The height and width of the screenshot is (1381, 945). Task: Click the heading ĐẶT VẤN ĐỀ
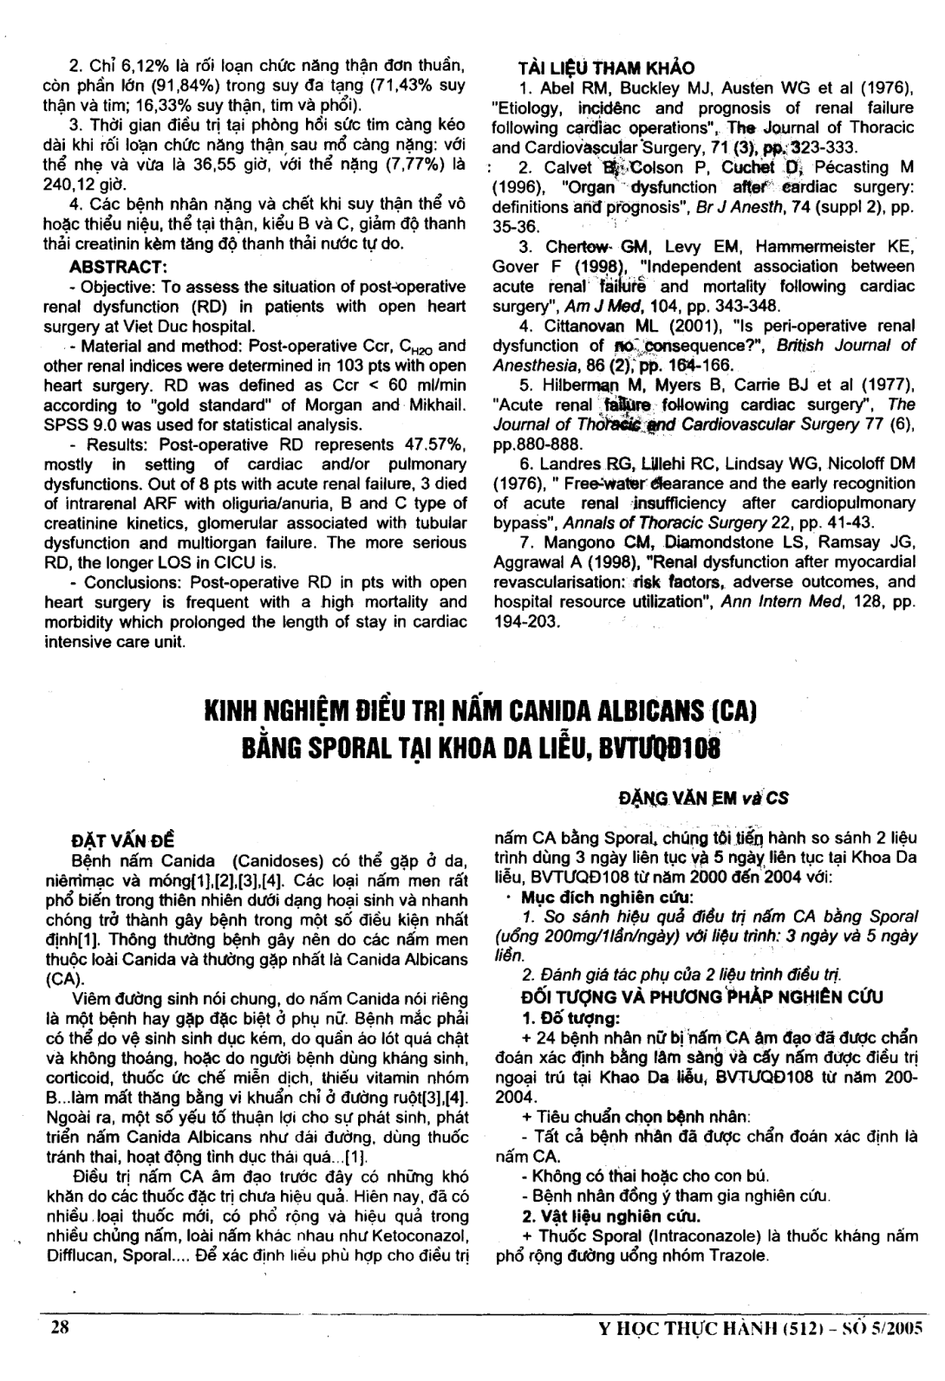coord(122,841)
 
